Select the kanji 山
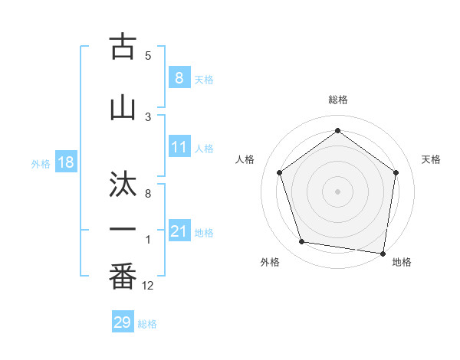(x=123, y=106)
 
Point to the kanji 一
(x=123, y=227)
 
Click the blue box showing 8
(x=179, y=77)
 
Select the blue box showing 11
(x=179, y=147)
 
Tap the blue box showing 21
(x=179, y=231)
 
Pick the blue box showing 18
(x=65, y=162)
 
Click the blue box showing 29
(x=122, y=322)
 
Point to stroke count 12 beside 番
(x=148, y=285)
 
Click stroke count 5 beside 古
(x=148, y=55)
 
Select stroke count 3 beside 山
(x=148, y=116)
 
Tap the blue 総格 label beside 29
(x=147, y=324)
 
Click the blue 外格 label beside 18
(x=41, y=163)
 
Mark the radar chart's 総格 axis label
(x=337, y=100)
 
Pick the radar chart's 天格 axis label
(x=432, y=159)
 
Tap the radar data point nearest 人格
(x=280, y=172)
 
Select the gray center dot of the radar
(x=337, y=190)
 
